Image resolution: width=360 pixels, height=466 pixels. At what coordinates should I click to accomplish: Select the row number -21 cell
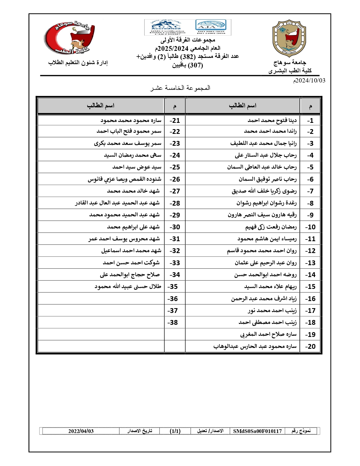(175, 121)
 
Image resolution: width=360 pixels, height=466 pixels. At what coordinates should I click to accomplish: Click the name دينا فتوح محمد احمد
(272, 121)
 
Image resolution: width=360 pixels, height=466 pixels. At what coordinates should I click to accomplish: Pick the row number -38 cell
(173, 323)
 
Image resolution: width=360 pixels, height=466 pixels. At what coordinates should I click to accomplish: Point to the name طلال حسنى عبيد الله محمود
(128, 287)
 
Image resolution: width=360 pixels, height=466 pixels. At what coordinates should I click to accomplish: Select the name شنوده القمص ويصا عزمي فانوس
(125, 179)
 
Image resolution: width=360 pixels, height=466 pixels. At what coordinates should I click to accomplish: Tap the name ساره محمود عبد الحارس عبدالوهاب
(255, 347)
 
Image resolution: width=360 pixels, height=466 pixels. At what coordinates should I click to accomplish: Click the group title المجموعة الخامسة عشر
(180, 88)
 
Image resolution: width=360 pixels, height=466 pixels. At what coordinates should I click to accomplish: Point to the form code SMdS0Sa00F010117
(258, 431)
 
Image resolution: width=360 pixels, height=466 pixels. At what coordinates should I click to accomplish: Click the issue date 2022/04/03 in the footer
(81, 431)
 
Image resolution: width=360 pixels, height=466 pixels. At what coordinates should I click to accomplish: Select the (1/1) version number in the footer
(175, 431)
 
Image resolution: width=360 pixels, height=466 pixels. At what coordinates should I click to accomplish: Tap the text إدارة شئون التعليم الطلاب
(78, 63)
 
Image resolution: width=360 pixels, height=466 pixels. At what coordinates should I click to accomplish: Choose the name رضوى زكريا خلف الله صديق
(264, 191)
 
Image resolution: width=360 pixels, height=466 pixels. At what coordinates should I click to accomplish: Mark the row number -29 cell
(175, 215)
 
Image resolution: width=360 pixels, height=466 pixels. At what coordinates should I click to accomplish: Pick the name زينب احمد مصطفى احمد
(268, 323)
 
